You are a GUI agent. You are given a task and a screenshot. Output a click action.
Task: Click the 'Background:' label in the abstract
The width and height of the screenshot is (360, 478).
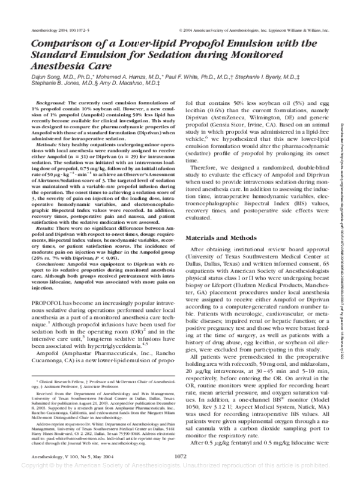tap(52, 104)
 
